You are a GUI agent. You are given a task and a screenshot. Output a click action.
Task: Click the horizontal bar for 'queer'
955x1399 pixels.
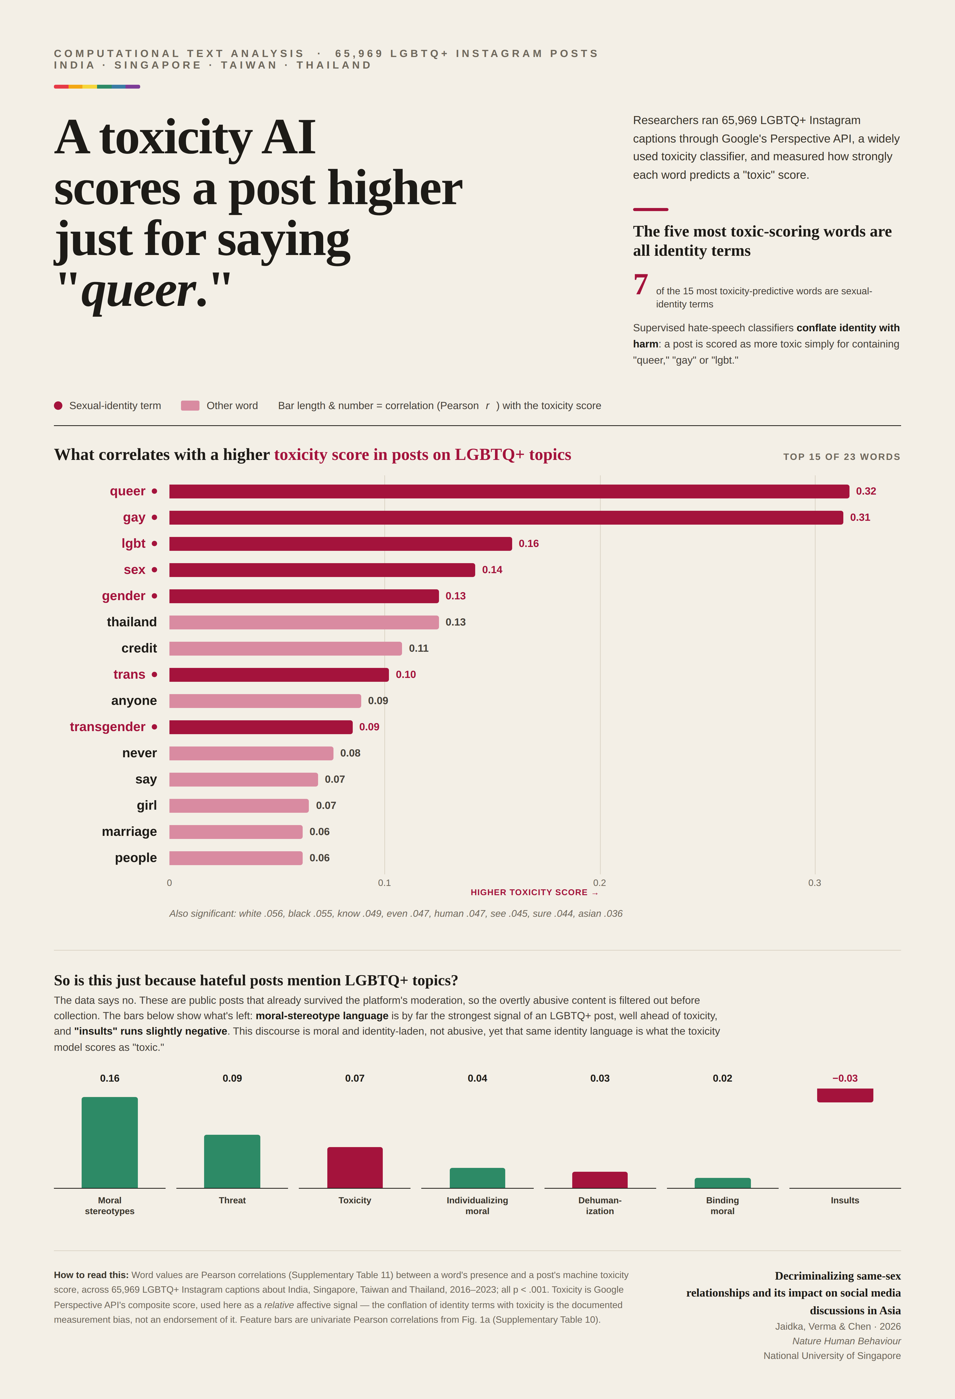pyautogui.click(x=509, y=491)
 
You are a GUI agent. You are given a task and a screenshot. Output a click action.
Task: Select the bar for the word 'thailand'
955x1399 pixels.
pyautogui.click(x=304, y=622)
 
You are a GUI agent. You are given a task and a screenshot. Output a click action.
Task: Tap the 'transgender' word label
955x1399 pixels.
pyautogui.click(x=108, y=726)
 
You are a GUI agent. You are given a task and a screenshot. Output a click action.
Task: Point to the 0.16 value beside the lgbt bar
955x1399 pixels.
pyautogui.click(x=529, y=544)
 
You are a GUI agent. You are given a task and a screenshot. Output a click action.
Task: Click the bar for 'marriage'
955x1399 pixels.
pyautogui.click(x=236, y=831)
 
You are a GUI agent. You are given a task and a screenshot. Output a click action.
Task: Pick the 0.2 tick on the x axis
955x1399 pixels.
pyautogui.click(x=599, y=883)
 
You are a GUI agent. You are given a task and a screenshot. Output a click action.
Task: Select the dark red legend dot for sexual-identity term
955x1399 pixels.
pyautogui.click(x=58, y=406)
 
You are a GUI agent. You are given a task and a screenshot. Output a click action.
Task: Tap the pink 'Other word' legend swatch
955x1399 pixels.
pyautogui.click(x=190, y=406)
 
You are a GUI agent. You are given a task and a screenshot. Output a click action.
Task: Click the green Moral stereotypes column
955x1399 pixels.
pyautogui.click(x=110, y=1142)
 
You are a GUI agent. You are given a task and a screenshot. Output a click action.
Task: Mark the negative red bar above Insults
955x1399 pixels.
pyautogui.click(x=845, y=1095)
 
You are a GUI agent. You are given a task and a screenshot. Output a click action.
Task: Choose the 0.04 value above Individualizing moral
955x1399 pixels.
pyautogui.click(x=477, y=1078)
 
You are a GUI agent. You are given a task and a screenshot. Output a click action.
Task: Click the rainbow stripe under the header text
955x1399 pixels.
pyautogui.click(x=97, y=87)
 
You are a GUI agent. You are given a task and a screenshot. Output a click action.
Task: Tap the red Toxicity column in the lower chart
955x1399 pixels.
pyautogui.click(x=355, y=1167)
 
